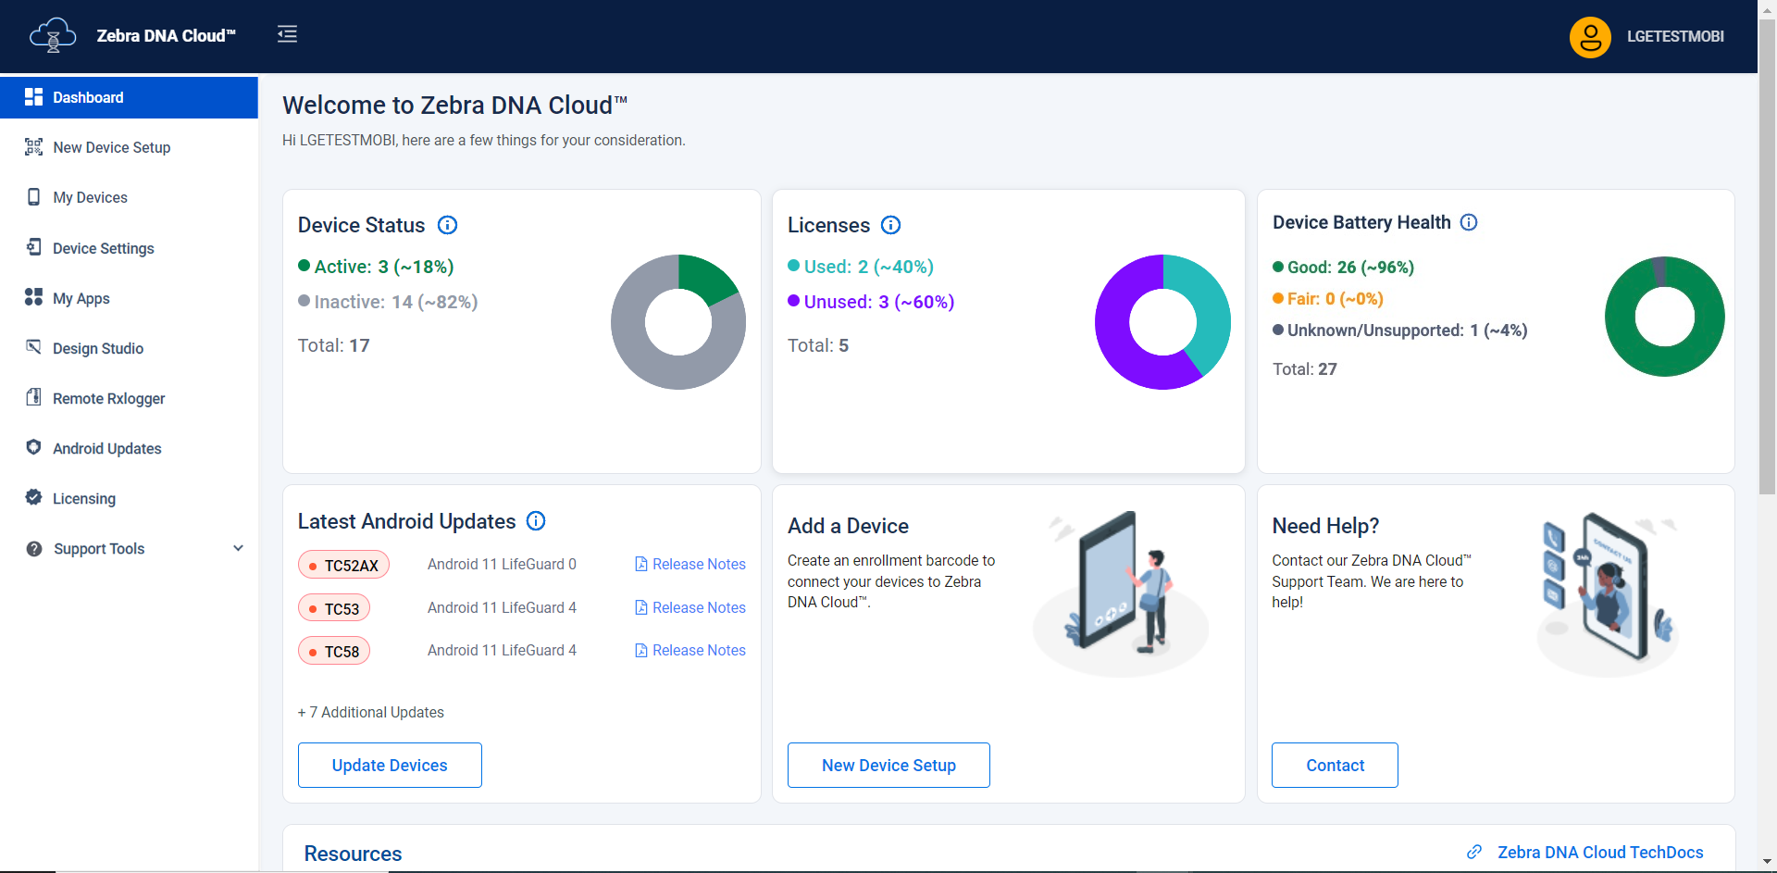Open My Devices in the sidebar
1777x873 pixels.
(90, 197)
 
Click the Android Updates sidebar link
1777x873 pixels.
(106, 448)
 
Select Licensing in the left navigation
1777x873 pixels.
(83, 498)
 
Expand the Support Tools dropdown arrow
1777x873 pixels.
(238, 548)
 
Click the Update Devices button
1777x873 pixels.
(390, 765)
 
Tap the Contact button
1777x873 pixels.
(1335, 765)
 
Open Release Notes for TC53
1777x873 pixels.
(690, 607)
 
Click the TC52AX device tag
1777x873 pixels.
(343, 565)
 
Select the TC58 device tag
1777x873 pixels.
(334, 651)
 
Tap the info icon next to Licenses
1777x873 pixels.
(890, 225)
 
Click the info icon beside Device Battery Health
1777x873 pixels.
(1469, 222)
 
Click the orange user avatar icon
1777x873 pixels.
(1590, 37)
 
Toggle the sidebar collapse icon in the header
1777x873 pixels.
(287, 34)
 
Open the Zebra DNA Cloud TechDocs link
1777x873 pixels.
(1599, 853)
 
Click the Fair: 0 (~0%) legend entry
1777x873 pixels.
(1328, 299)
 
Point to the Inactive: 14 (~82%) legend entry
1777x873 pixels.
(389, 302)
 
